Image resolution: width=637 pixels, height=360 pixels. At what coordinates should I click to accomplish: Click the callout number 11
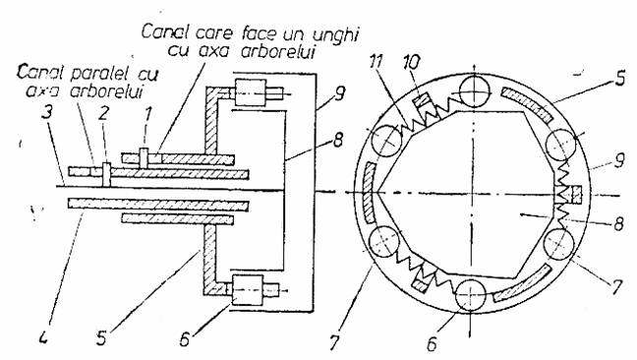[x=376, y=61]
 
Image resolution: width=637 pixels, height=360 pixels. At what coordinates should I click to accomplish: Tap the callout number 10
[x=411, y=63]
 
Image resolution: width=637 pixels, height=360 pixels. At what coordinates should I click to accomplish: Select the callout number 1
[x=147, y=114]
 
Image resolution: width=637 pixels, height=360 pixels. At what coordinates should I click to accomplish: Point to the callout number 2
[x=103, y=114]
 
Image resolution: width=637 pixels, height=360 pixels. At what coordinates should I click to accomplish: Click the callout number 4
[x=44, y=336]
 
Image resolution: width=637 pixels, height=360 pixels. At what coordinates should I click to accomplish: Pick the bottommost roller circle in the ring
[x=471, y=294]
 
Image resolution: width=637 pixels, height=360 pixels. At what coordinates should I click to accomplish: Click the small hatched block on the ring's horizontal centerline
[x=576, y=194]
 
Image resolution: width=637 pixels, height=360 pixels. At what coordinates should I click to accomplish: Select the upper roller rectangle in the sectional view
[x=251, y=93]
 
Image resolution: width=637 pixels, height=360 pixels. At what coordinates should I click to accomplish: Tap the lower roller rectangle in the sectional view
[x=248, y=290]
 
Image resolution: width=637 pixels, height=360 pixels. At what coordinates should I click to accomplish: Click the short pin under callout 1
[x=144, y=158]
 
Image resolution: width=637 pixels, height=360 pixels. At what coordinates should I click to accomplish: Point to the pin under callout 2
[x=106, y=174]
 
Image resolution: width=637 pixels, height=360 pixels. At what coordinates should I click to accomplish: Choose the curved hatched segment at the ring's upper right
[x=527, y=103]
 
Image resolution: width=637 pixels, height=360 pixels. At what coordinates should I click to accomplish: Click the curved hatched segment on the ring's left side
[x=369, y=193]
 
